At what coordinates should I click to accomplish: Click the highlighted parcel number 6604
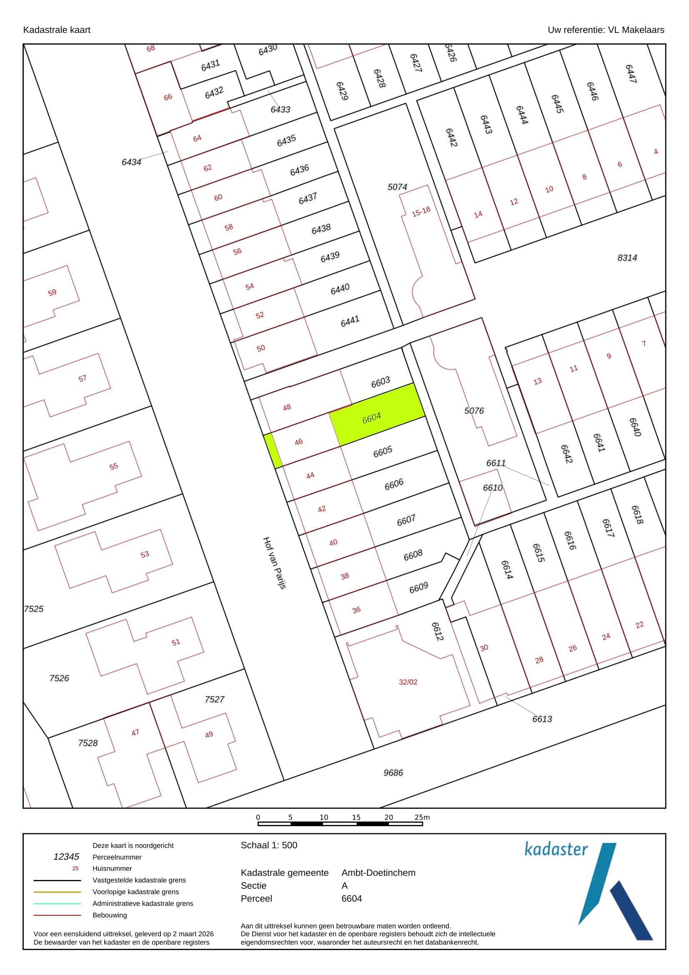point(371,418)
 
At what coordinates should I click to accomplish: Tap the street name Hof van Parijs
point(275,563)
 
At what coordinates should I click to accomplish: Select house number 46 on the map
point(299,441)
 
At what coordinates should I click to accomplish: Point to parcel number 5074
point(397,187)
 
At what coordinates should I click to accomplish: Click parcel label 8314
point(627,258)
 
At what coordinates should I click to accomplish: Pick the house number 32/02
point(408,682)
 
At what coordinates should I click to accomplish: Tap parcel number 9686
point(393,772)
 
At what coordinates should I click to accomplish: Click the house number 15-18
point(421,211)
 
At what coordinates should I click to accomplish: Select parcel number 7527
point(214,699)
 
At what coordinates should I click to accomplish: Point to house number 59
point(52,293)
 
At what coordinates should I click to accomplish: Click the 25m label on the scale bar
point(422,817)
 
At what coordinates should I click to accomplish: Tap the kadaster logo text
point(556,849)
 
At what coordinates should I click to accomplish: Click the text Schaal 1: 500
point(269,845)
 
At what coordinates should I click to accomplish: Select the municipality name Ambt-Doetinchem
point(378,872)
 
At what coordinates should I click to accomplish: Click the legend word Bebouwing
point(110,915)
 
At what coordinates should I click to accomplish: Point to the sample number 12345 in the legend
point(66,857)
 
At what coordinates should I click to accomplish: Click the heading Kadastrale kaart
point(56,30)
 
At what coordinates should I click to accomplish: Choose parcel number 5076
point(474,411)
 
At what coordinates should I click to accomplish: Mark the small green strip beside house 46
point(273,451)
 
